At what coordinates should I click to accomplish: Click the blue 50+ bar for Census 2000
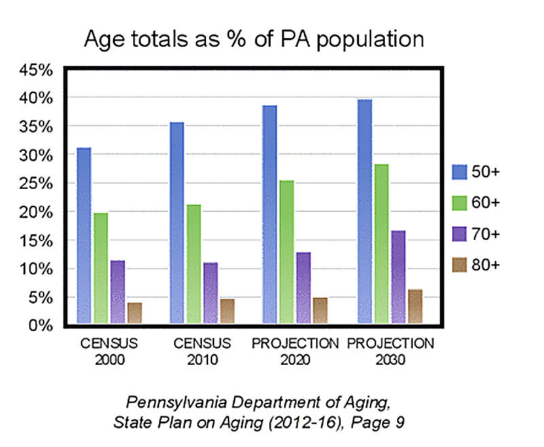84,235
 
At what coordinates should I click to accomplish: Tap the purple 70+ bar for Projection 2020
303,287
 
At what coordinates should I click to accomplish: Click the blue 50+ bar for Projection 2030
364,211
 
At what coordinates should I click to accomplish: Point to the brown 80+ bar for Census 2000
135,312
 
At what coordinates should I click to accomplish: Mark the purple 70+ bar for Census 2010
211,292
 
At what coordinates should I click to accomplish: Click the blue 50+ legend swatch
460,173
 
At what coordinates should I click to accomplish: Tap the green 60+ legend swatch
460,203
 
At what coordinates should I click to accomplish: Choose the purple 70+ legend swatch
460,234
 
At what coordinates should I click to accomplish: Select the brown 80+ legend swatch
460,265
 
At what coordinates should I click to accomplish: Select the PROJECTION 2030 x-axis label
390,351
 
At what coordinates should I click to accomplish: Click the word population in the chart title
367,39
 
